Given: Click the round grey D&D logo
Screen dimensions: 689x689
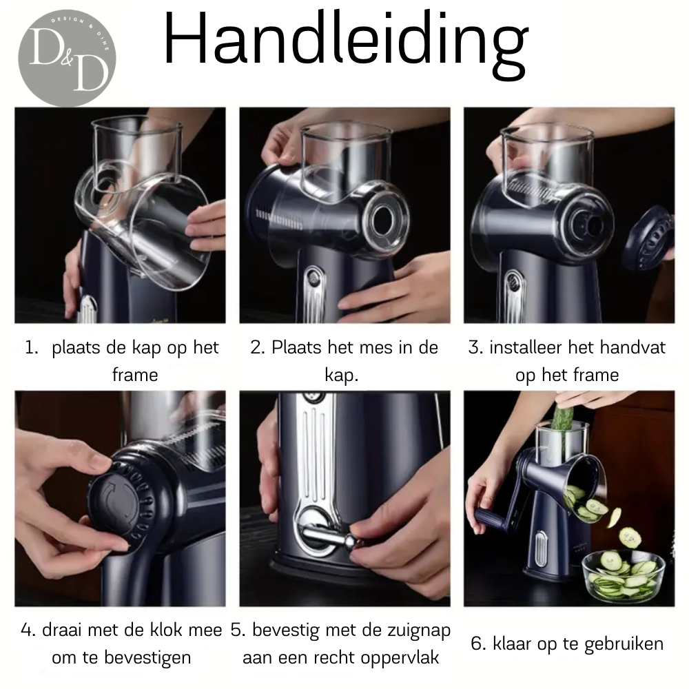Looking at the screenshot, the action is [x=67, y=58].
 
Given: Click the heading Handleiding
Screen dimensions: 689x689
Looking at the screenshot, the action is [x=346, y=44].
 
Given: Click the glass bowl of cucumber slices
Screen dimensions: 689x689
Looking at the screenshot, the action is [x=624, y=576].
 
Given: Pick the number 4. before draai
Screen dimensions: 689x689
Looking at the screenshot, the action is [x=28, y=630].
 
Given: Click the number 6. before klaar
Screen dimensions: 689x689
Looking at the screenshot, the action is [x=477, y=644].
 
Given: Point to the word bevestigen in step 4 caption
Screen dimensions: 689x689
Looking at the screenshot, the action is [x=147, y=658].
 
